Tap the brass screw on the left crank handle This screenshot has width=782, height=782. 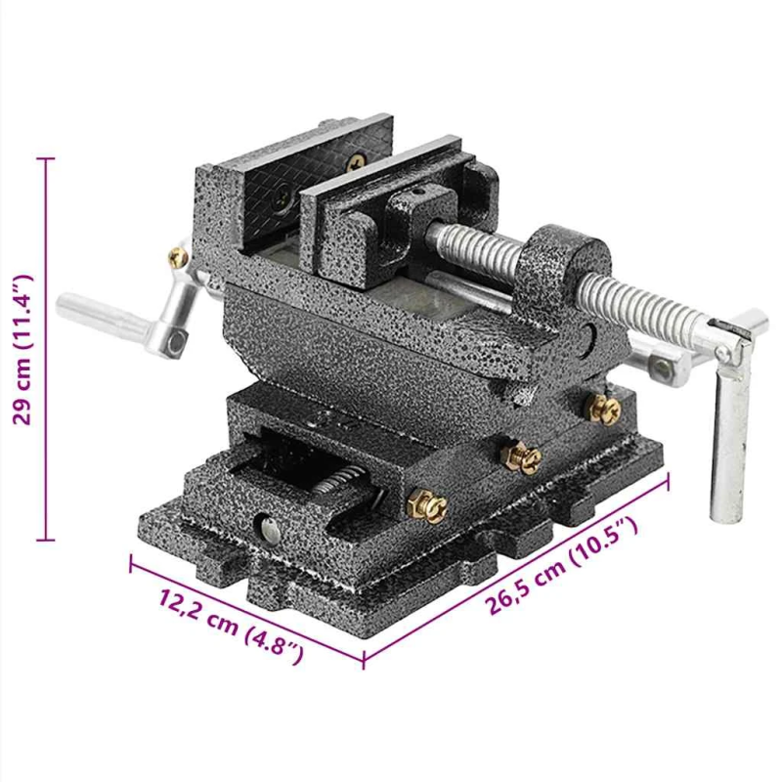(x=178, y=257)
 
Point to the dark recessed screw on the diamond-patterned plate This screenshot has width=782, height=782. (x=282, y=201)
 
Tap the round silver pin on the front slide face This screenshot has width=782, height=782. (x=266, y=529)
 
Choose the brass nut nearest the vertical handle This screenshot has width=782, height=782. (x=603, y=408)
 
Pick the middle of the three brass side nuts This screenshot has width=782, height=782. (x=520, y=455)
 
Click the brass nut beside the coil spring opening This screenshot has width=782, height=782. (x=428, y=505)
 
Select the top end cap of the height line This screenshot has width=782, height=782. (x=45, y=158)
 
